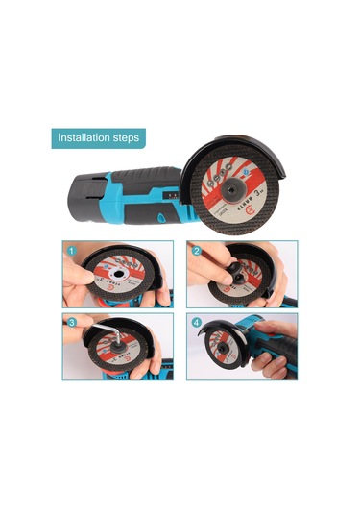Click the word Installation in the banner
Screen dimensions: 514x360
coord(84,137)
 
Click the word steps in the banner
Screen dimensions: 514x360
coord(125,137)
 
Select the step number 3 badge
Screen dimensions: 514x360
coord(71,323)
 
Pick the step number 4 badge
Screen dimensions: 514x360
coord(196,323)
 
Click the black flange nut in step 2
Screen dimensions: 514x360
coord(229,275)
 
